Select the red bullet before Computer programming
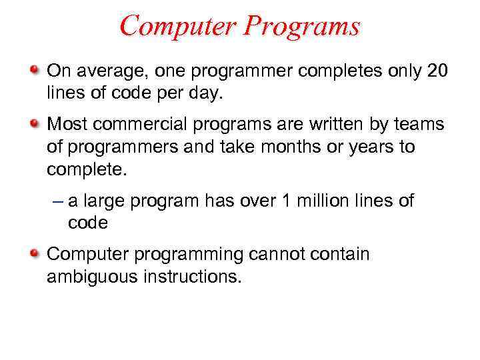click(34, 254)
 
